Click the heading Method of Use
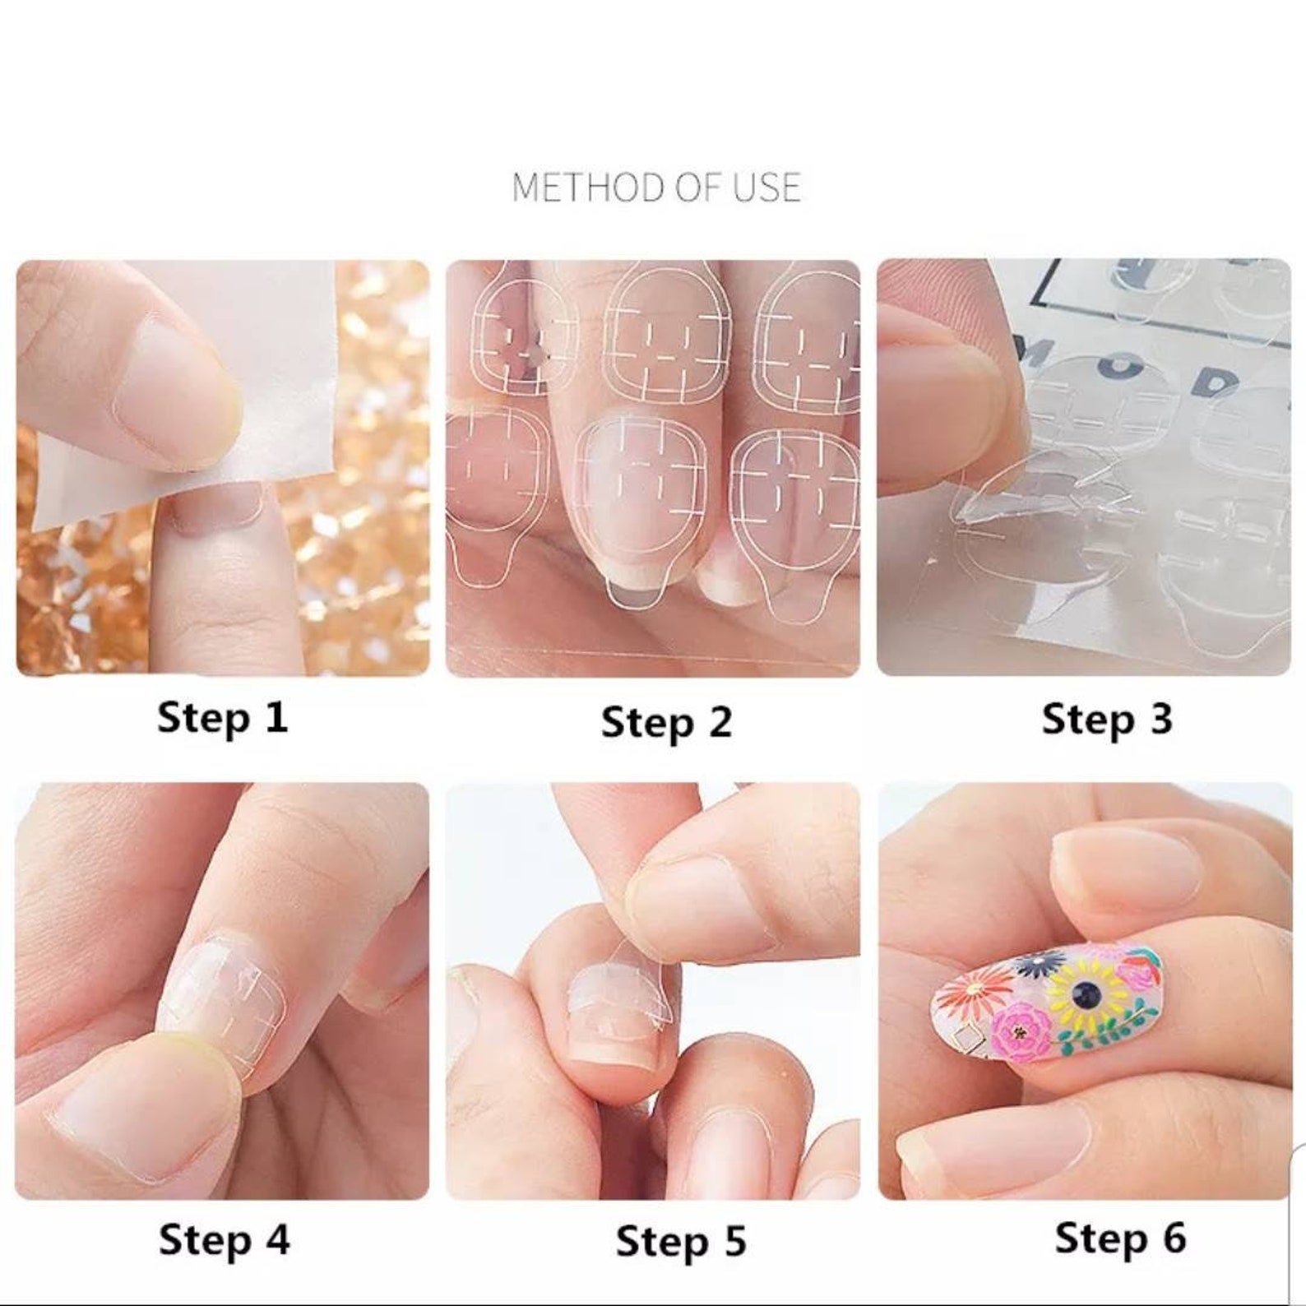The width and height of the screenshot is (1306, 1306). pyautogui.click(x=655, y=188)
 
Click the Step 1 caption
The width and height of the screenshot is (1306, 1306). pyautogui.click(x=222, y=717)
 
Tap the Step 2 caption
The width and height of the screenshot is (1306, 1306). pyautogui.click(x=666, y=723)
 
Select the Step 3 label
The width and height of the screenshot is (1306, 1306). pyautogui.click(x=1107, y=719)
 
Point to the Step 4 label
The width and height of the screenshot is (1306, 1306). pyautogui.click(x=224, y=1239)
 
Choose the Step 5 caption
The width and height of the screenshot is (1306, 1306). pyautogui.click(x=681, y=1241)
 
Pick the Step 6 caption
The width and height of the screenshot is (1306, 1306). pyautogui.click(x=1120, y=1238)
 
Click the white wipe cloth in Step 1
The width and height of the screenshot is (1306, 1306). pyautogui.click(x=206, y=395)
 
